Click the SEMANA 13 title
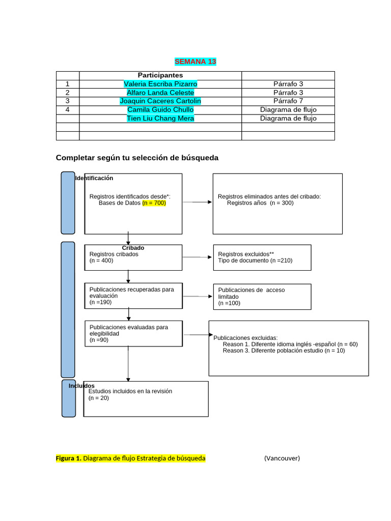[195, 62]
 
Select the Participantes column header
[160, 75]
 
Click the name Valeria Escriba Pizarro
[160, 84]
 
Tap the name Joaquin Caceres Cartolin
[160, 101]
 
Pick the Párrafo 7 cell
[288, 101]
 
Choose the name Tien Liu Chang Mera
[160, 118]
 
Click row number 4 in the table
[67, 109]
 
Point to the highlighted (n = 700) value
[154, 202]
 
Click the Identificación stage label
[95, 178]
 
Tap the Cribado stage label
[133, 248]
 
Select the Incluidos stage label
[81, 386]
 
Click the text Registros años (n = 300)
[260, 202]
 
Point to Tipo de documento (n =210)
[255, 260]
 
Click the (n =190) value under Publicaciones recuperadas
[100, 302]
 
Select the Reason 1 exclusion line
[290, 344]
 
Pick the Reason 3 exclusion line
[284, 351]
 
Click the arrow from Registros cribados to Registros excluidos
[198, 257]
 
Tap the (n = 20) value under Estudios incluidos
[99, 398]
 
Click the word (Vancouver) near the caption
[282, 458]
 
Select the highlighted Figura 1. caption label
[69, 458]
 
